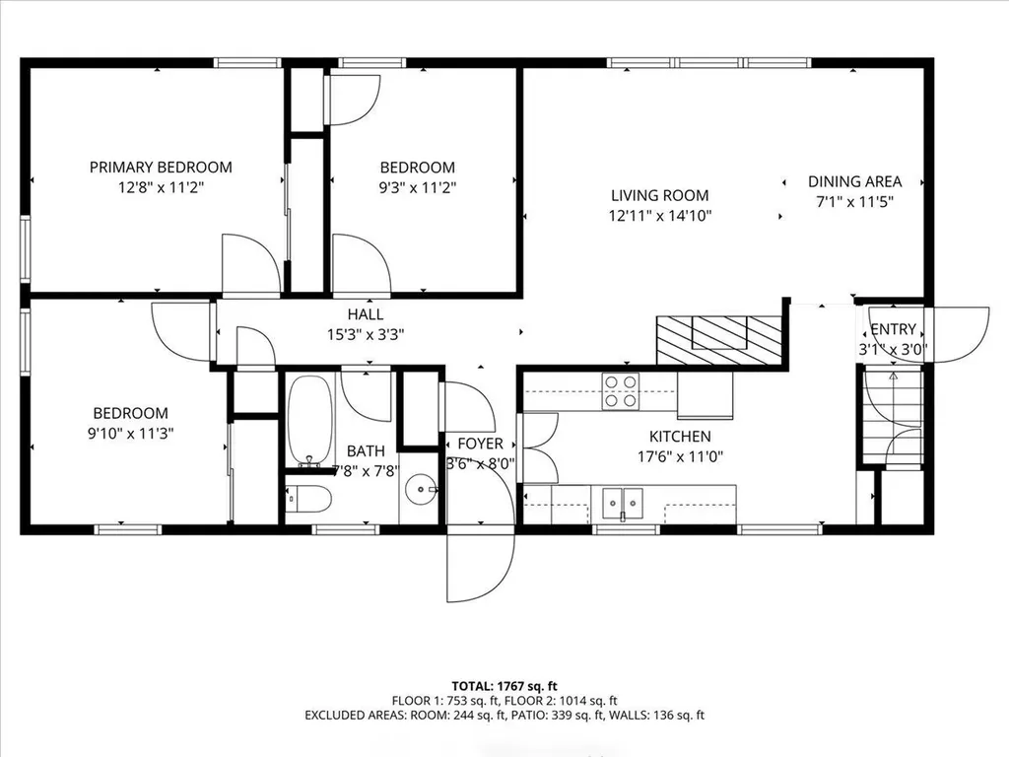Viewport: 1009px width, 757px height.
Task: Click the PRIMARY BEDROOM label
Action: pos(161,168)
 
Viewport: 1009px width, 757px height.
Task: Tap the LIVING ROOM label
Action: pos(659,196)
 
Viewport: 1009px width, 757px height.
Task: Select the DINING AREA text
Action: pos(854,181)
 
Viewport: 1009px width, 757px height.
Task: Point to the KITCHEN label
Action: pos(679,437)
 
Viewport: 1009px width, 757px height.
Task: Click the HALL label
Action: pos(365,314)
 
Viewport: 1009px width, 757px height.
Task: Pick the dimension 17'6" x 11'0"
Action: pos(679,456)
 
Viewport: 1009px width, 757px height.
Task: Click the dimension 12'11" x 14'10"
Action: pos(659,215)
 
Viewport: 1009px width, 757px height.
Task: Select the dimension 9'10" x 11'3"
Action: pos(130,433)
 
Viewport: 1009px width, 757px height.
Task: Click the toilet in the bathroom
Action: pos(308,500)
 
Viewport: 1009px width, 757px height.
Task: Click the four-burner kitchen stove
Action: pos(620,391)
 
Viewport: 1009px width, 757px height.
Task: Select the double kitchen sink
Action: pos(623,502)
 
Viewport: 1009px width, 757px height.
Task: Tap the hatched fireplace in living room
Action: pos(718,341)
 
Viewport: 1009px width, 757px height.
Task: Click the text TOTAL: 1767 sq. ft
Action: pos(504,685)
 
